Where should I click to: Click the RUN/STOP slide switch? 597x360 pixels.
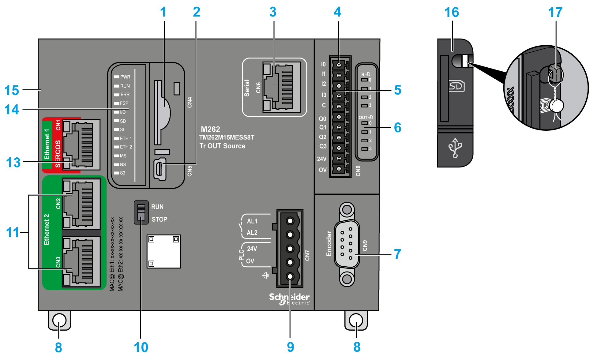(x=141, y=212)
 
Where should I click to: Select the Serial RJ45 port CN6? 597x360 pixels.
(x=281, y=87)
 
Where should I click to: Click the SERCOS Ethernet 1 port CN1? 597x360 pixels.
(x=81, y=144)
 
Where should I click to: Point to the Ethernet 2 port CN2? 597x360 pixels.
(x=81, y=204)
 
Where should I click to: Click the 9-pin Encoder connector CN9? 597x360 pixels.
(x=347, y=244)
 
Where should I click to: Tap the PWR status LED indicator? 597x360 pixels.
(x=117, y=77)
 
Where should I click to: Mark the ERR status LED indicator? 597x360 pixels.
(x=117, y=95)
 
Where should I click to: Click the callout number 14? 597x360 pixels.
(x=12, y=110)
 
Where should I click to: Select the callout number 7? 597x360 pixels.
(x=397, y=254)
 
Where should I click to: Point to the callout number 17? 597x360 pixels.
(x=555, y=13)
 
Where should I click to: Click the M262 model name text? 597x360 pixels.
(x=210, y=129)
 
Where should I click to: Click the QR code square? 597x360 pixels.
(x=164, y=251)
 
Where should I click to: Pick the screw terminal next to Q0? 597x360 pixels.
(x=339, y=117)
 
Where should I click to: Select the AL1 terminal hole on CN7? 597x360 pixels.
(x=290, y=221)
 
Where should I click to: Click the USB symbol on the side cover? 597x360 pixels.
(x=455, y=148)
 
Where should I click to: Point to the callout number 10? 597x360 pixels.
(x=141, y=347)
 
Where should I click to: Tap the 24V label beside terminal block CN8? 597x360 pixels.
(x=322, y=159)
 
